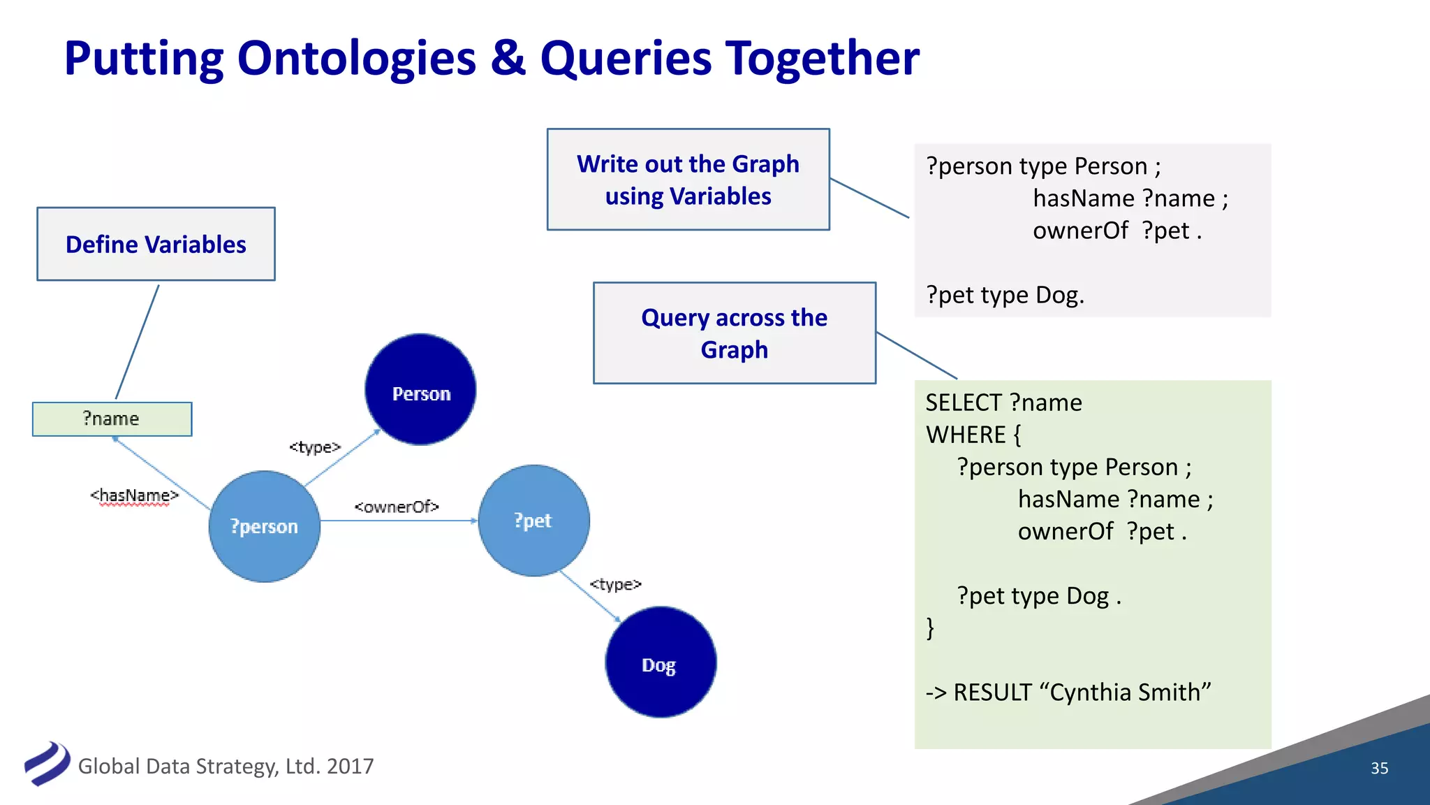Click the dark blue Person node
[420, 389]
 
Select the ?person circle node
[264, 526]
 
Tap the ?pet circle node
[533, 521]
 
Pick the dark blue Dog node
[660, 662]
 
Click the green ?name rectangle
[112, 419]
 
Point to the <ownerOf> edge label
[396, 507]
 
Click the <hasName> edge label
[134, 495]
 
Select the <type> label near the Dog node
[615, 583]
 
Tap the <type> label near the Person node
[315, 447]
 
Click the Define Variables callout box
[156, 244]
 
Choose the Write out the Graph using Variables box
[688, 180]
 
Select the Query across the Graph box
[734, 333]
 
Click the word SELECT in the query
[964, 402]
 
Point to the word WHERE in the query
[965, 435]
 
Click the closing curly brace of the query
[930, 628]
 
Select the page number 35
[1379, 768]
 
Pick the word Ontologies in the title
[357, 58]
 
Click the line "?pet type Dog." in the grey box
[1005, 295]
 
